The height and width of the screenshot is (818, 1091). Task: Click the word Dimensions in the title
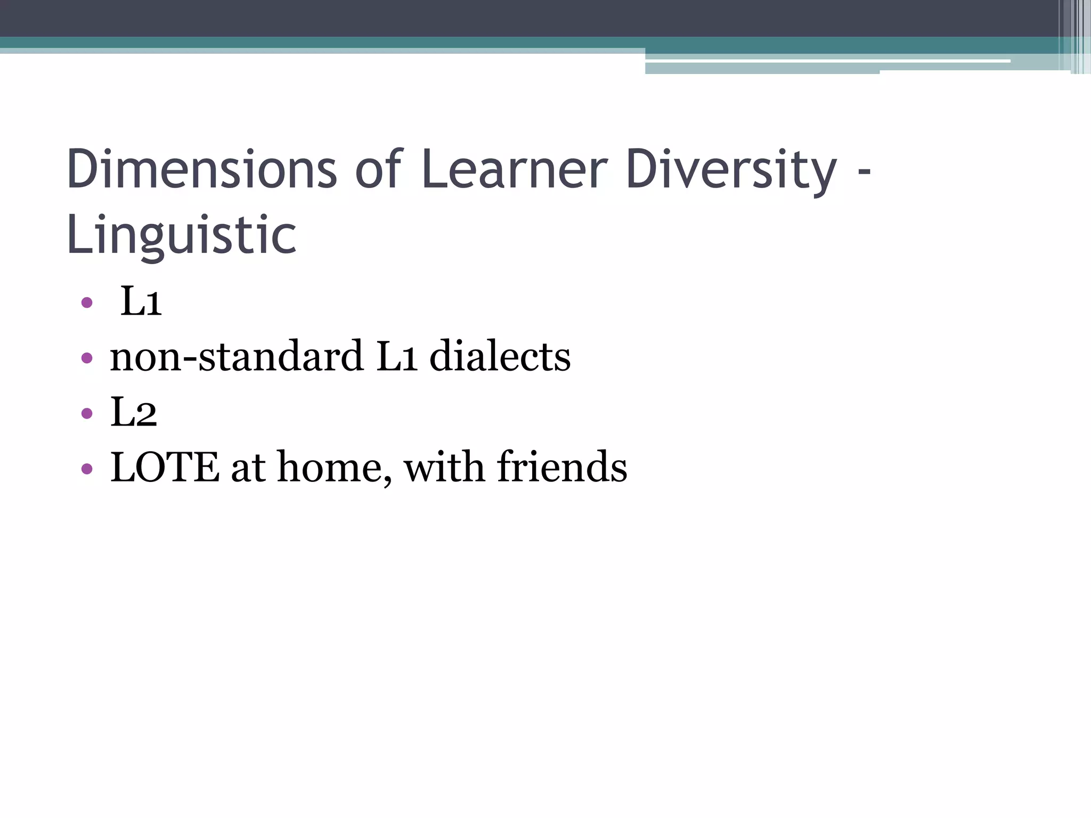(x=201, y=170)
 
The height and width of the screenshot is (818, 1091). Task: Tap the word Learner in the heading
(x=514, y=170)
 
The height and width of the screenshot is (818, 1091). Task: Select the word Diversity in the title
(x=731, y=170)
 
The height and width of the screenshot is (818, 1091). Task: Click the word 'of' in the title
(x=378, y=170)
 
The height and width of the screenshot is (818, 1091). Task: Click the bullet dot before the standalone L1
(x=87, y=303)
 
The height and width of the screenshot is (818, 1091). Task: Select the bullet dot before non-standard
(x=87, y=358)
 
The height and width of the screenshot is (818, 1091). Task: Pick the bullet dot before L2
(x=87, y=413)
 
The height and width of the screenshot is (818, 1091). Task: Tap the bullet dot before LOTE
(x=87, y=469)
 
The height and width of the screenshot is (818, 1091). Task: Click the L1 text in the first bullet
(x=141, y=301)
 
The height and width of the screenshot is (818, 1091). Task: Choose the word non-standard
(x=237, y=357)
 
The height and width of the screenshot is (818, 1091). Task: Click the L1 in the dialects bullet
(x=396, y=357)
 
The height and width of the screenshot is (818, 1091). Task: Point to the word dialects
(x=500, y=357)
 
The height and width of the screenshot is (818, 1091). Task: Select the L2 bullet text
(x=134, y=412)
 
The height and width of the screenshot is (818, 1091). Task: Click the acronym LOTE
(x=165, y=468)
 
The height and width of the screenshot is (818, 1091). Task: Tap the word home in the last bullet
(x=333, y=468)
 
